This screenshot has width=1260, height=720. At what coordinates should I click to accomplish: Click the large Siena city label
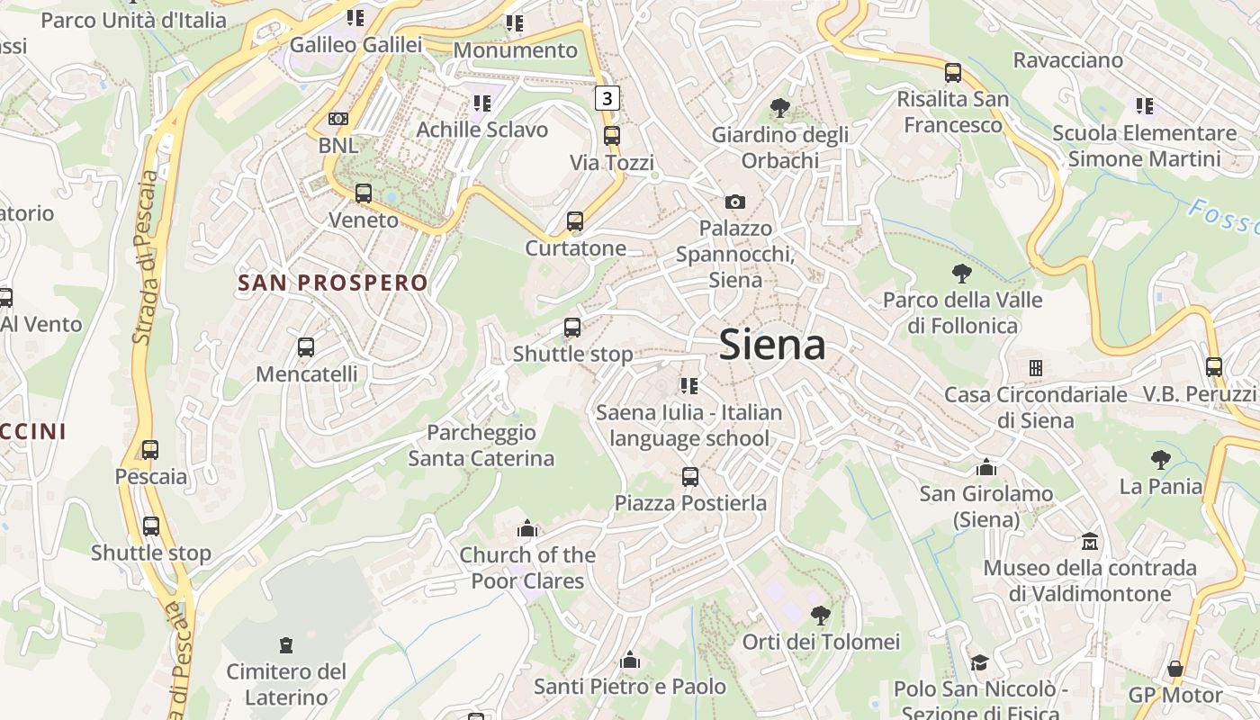coord(772,346)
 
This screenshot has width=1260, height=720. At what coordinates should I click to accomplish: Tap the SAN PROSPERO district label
coord(333,283)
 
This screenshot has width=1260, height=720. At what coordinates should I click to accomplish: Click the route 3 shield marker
coord(607,98)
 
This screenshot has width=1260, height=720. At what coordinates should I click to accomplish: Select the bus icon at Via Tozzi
coord(612,136)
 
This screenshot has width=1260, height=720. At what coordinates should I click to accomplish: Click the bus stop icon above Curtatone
coord(575,220)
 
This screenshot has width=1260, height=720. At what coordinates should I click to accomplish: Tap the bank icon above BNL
coord(338,119)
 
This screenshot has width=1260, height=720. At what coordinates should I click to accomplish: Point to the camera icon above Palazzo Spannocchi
coord(735,202)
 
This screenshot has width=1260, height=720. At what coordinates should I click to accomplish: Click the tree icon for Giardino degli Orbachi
coord(780,109)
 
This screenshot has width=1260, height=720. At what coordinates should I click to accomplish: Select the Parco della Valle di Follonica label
coord(962,312)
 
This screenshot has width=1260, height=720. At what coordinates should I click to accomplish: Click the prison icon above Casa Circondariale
coord(1035,367)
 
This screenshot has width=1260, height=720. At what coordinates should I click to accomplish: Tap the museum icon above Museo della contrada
coord(1090,541)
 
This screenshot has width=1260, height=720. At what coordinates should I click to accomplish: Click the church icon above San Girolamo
coord(986,467)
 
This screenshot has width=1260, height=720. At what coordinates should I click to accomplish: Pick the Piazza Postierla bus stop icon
coord(690,476)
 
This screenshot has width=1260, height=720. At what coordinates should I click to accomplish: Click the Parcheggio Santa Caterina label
coord(481,445)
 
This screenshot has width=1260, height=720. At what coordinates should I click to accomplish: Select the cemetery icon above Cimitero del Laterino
coord(286,644)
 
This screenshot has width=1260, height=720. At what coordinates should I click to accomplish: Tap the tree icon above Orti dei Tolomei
coord(820,616)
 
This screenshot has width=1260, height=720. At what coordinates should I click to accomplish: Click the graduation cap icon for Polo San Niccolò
coord(978,662)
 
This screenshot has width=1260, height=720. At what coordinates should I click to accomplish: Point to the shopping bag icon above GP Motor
coord(1174,669)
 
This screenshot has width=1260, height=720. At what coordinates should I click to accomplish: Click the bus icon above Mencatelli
coord(306,346)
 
